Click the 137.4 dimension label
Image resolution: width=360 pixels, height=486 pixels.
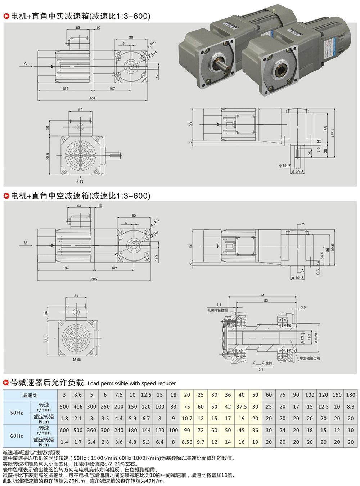(x=333, y=133)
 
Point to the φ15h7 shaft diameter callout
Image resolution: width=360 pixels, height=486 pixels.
(x=284, y=166)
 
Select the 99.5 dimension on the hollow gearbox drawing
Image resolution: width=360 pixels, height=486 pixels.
(x=333, y=248)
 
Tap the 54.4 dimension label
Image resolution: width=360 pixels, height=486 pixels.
(x=322, y=255)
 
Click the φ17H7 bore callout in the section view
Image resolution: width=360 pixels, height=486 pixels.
(x=302, y=337)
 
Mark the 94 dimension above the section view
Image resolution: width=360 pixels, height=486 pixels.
(x=262, y=295)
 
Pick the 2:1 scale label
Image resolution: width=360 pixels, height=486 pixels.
(x=261, y=369)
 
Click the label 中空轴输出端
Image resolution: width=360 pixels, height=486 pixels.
(x=310, y=358)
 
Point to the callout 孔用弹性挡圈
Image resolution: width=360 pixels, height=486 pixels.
(x=217, y=310)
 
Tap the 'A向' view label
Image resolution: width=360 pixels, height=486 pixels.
(x=80, y=181)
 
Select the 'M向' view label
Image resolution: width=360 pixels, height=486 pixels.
(x=77, y=360)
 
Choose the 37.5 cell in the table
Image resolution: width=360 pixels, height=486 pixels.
(x=242, y=406)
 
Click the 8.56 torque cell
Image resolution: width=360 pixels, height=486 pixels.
(x=187, y=442)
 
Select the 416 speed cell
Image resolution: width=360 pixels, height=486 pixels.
(x=78, y=406)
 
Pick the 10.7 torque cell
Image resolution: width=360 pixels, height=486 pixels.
(x=187, y=418)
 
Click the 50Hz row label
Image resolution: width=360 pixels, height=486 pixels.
(x=17, y=413)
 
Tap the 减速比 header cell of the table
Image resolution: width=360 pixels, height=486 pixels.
(x=30, y=395)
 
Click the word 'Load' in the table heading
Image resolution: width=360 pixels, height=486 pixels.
(x=93, y=383)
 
